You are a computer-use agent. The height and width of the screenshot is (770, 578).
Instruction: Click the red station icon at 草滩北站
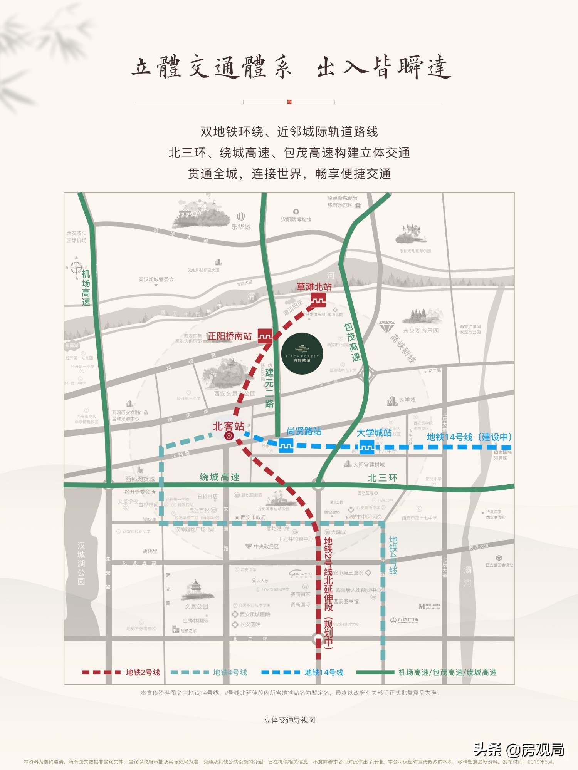318,300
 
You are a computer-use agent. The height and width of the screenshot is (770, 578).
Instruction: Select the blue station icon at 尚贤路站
286,445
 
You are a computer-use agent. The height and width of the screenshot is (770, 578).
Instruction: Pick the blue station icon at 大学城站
366,447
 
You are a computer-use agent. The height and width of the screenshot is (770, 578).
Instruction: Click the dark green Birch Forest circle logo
302,353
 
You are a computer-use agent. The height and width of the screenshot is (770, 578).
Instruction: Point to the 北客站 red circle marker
229,436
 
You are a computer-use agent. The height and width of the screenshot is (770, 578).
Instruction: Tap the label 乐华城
241,227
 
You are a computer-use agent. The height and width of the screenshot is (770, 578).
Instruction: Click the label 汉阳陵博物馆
296,219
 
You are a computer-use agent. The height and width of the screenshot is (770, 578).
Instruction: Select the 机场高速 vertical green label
86,288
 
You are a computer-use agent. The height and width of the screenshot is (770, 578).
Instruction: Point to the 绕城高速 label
220,477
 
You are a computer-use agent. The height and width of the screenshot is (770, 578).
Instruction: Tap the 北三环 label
383,478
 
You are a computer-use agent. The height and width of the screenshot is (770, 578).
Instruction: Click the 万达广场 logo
404,620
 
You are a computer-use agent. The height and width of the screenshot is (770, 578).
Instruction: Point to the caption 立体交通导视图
289,720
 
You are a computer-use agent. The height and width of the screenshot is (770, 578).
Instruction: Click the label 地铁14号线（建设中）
469,437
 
